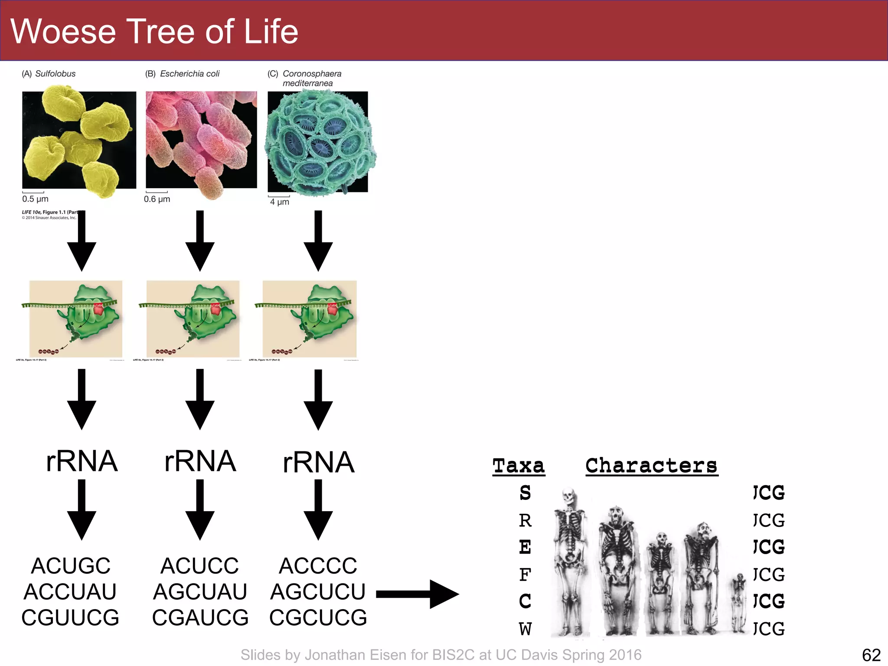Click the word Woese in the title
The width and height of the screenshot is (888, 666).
pyautogui.click(x=63, y=32)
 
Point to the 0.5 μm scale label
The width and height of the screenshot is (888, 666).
pyautogui.click(x=35, y=199)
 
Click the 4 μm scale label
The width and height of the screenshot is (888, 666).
pyautogui.click(x=279, y=202)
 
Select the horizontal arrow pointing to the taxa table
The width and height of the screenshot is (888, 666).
pyautogui.click(x=417, y=594)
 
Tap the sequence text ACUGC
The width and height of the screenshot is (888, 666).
pyautogui.click(x=71, y=566)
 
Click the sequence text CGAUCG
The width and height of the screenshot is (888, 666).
pyautogui.click(x=200, y=617)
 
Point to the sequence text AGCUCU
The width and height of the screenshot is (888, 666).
pyautogui.click(x=318, y=592)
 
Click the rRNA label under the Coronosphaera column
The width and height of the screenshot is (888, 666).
pyautogui.click(x=318, y=462)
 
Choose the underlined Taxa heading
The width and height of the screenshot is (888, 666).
pyautogui.click(x=519, y=466)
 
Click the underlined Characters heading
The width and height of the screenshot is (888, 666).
pyautogui.click(x=651, y=466)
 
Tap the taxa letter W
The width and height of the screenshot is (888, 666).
pyautogui.click(x=525, y=629)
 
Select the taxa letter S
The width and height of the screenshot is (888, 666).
pyautogui.click(x=525, y=493)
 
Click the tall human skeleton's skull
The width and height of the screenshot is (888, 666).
pyautogui.click(x=568, y=496)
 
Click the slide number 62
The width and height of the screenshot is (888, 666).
pyautogui.click(x=871, y=655)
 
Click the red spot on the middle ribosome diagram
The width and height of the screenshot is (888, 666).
pyautogui.click(x=215, y=309)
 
